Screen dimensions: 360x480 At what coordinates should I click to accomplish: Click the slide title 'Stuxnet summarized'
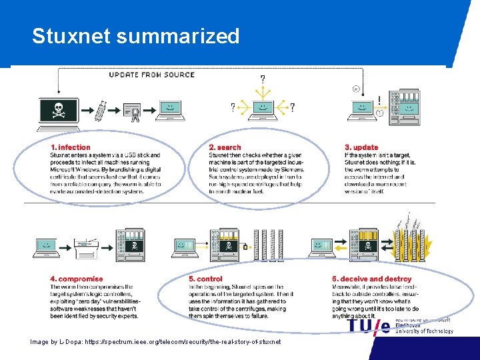pos(135,36)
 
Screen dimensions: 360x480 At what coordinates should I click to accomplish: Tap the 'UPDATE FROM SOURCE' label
pos(152,75)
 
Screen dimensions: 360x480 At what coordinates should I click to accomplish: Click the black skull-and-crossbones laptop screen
pos(59,109)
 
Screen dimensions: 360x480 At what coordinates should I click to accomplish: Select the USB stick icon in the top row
pos(101,110)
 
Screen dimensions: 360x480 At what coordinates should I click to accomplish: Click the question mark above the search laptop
pos(262,79)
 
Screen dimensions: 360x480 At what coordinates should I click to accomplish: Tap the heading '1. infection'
pos(70,147)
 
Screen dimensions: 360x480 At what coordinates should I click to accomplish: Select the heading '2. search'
pos(225,147)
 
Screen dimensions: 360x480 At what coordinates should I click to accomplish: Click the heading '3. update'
pos(361,147)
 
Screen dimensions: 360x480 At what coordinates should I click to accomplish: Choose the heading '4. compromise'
pos(77,279)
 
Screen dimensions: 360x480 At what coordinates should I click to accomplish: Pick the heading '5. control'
pos(205,279)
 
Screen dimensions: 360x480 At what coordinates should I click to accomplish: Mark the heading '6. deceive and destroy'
pos(371,279)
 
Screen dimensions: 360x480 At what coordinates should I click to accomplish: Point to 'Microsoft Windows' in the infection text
pos(75,169)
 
